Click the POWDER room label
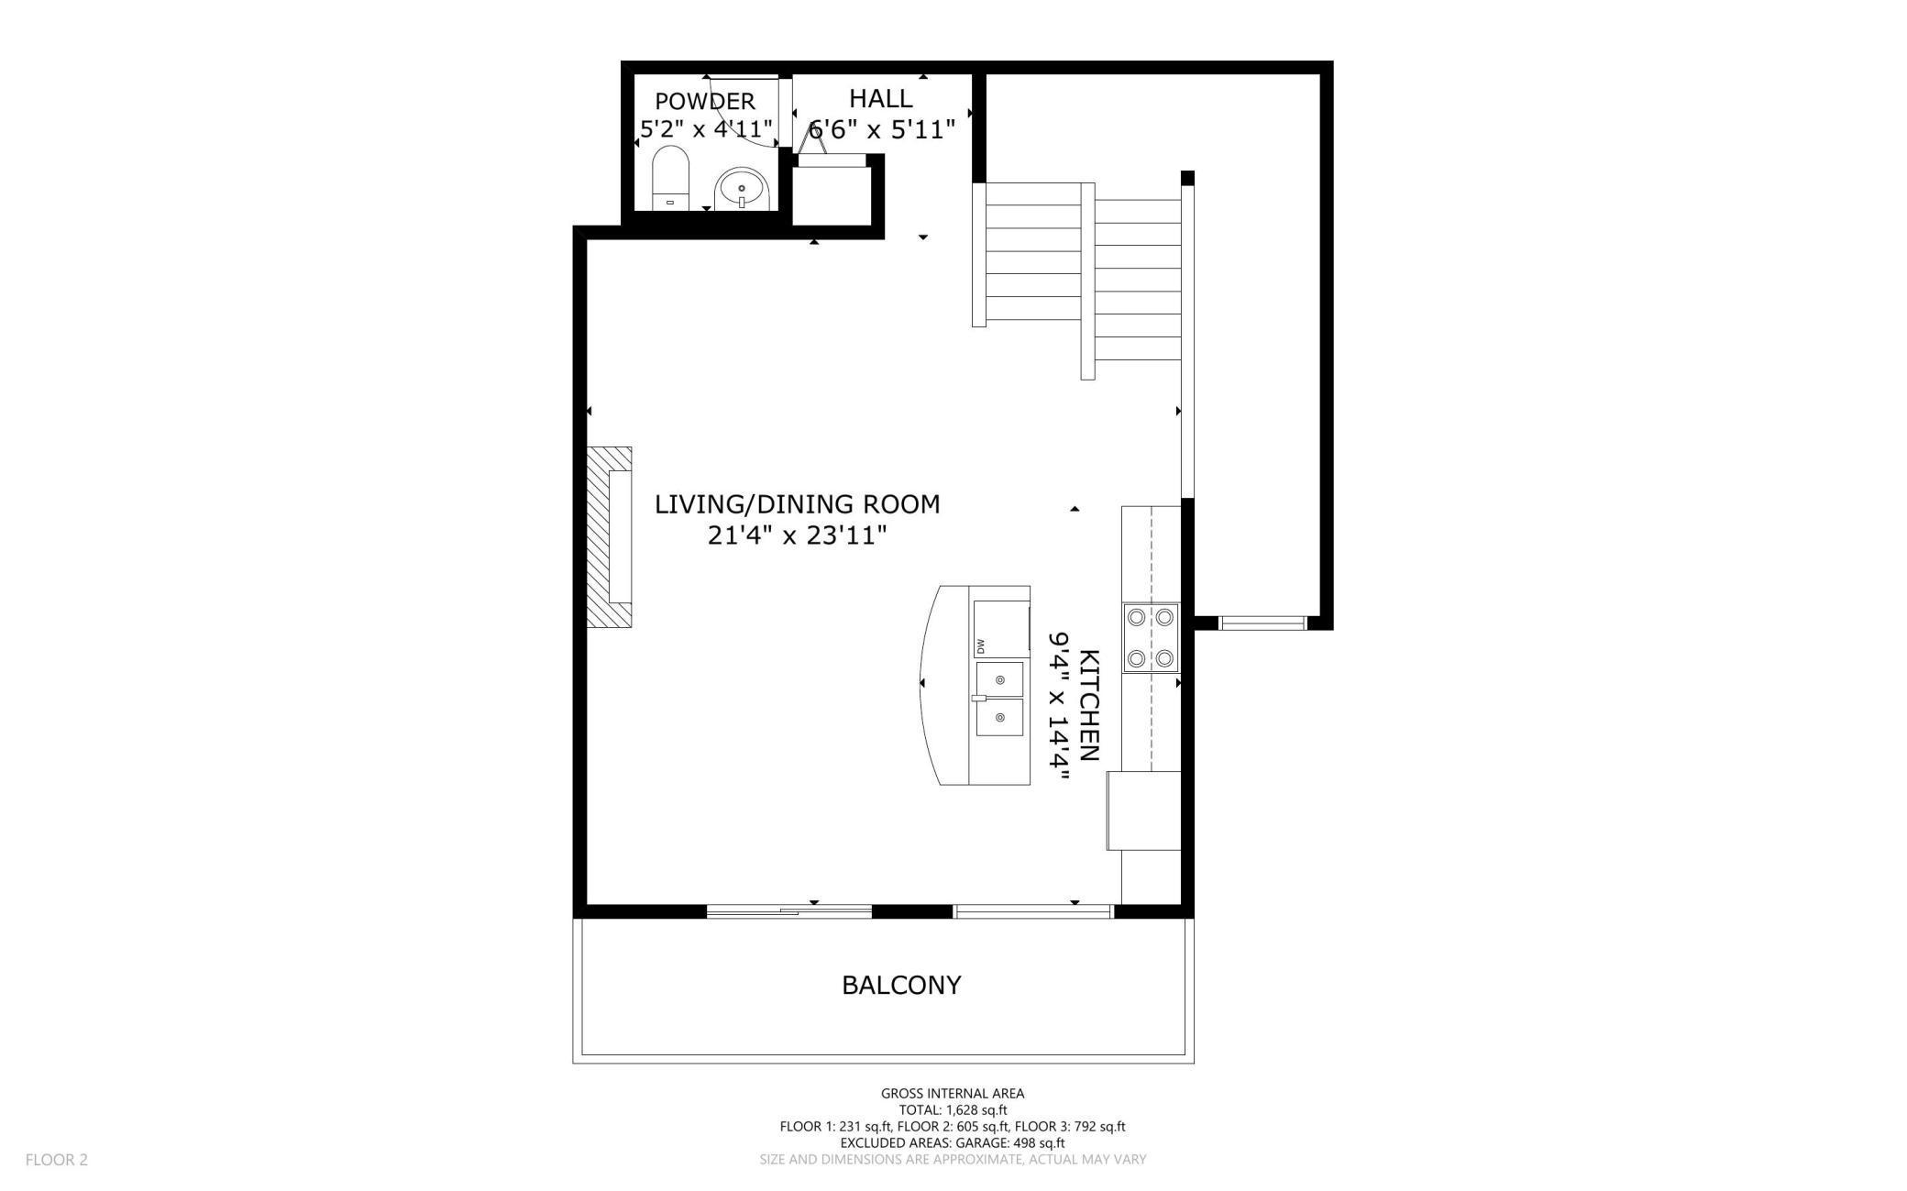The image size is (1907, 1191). [x=705, y=101]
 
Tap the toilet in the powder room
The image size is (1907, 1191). [x=670, y=178]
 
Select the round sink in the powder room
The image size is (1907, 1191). [x=740, y=190]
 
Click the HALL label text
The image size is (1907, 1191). [x=880, y=99]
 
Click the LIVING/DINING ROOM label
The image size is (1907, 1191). [x=797, y=504]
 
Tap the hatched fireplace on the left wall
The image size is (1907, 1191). [x=608, y=537]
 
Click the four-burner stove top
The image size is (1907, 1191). [x=1151, y=638]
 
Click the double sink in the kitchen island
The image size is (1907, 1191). [x=999, y=699]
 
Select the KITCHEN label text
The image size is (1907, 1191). [x=1088, y=705]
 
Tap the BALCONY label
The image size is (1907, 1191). [x=901, y=986]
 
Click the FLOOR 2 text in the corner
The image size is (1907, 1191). [x=56, y=1160]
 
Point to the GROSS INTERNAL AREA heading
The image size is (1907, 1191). [x=952, y=1093]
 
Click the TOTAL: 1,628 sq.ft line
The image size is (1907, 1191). [x=952, y=1110]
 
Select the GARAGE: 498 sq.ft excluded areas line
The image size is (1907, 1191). [x=952, y=1143]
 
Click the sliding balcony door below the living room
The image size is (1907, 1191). [x=788, y=911]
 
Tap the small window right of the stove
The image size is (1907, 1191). [x=1262, y=623]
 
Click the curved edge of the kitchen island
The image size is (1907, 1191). [x=926, y=683]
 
